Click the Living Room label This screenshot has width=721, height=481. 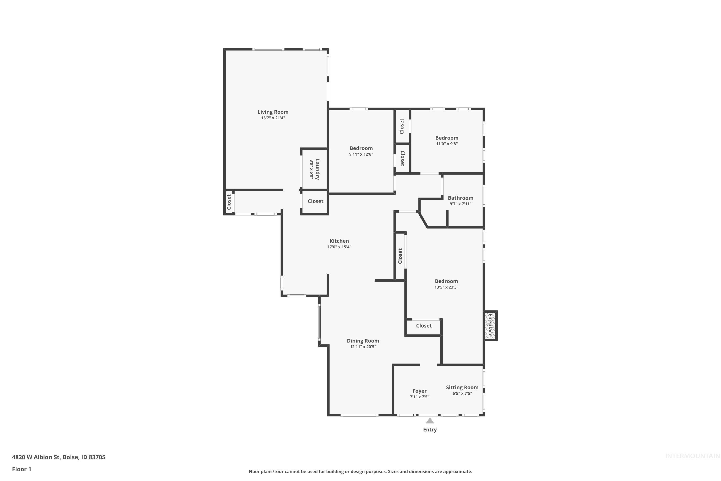pos(273,112)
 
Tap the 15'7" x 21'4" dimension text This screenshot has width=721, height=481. pos(273,118)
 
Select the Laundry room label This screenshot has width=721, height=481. pos(317,169)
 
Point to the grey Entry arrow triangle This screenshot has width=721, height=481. pos(430,421)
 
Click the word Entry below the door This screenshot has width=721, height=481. pos(430,430)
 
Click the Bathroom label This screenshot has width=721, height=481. pos(460,198)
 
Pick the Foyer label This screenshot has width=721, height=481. pos(419,391)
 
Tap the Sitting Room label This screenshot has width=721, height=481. pos(462,387)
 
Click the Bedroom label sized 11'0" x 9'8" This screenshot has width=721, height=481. pos(447,138)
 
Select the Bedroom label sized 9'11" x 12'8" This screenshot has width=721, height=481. pos(361,148)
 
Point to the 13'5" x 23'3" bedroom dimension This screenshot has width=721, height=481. pos(446,287)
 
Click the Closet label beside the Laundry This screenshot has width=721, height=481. pos(315,201)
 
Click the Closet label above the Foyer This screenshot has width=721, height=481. pos(424,326)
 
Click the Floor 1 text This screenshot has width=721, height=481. pos(21,469)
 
